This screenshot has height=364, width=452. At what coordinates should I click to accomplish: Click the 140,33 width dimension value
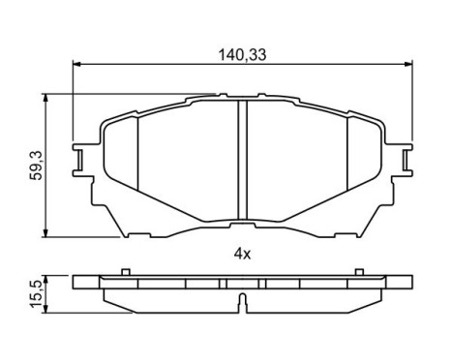tap(242, 56)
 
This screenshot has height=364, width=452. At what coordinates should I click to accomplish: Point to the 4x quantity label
tap(241, 255)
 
